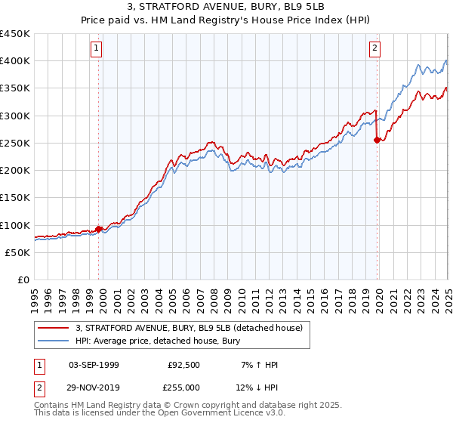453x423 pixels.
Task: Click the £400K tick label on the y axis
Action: (x=15, y=61)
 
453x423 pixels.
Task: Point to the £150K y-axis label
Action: (x=15, y=198)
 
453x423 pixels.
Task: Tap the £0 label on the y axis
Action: (x=23, y=280)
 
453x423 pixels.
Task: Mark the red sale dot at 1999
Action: (x=99, y=229)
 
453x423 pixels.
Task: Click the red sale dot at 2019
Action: (x=377, y=140)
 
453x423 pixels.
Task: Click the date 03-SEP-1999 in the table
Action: (x=94, y=365)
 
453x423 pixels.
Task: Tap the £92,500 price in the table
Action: (x=183, y=365)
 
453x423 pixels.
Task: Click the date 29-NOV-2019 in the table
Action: (x=94, y=387)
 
